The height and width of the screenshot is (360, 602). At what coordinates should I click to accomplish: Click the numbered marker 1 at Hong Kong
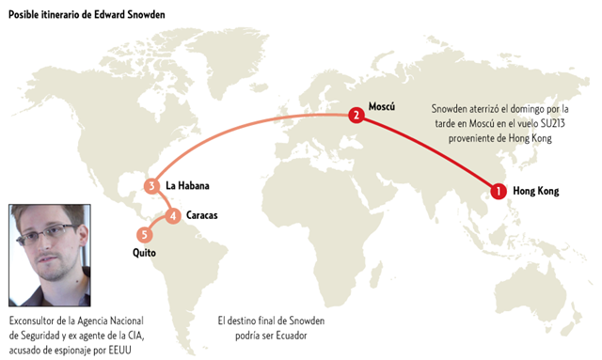click(498, 192)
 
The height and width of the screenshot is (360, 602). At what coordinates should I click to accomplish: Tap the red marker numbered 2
click(356, 116)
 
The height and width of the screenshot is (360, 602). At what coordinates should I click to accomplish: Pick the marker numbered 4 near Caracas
click(173, 216)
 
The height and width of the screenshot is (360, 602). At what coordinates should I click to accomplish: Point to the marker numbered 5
click(144, 235)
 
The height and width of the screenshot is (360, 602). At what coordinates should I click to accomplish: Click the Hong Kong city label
click(536, 192)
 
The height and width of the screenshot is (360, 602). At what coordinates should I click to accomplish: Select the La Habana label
click(185, 186)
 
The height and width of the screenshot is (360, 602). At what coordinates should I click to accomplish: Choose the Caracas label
click(201, 216)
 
